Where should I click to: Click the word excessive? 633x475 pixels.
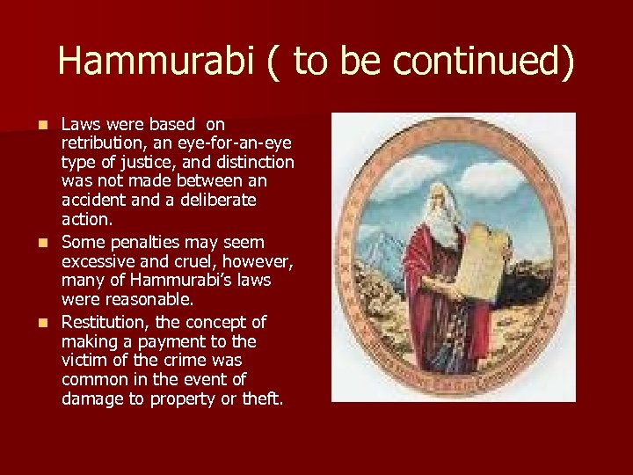(x=98, y=261)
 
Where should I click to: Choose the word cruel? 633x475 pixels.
(x=191, y=261)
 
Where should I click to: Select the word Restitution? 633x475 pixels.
(x=105, y=322)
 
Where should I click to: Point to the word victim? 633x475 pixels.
(x=82, y=361)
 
